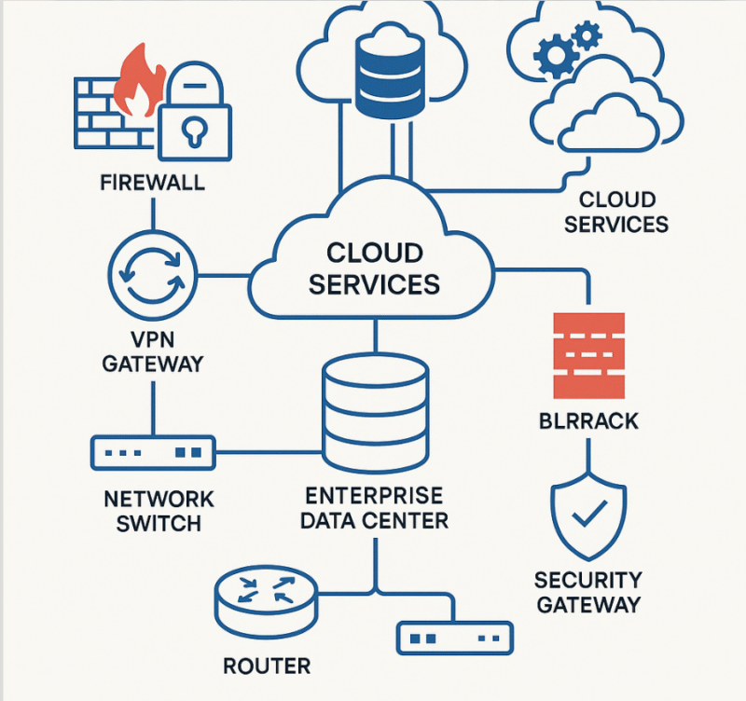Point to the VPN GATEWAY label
(152, 350)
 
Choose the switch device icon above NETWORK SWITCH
(153, 452)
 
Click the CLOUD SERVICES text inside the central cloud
(375, 268)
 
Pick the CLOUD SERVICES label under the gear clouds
(616, 212)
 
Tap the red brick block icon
(587, 355)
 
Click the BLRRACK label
(587, 420)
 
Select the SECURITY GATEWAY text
(587, 592)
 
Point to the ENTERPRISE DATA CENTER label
(375, 506)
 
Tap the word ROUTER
(268, 667)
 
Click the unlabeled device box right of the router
(454, 638)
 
